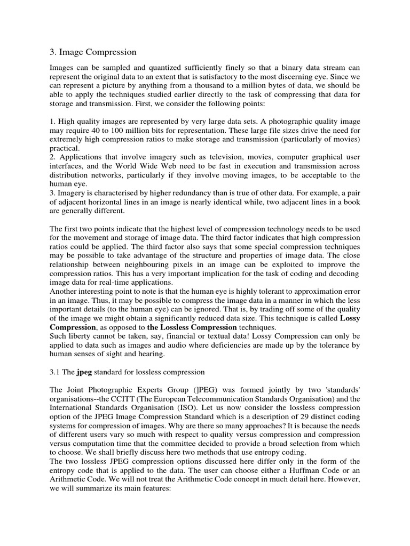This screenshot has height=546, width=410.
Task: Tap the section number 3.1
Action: [x=55, y=372]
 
